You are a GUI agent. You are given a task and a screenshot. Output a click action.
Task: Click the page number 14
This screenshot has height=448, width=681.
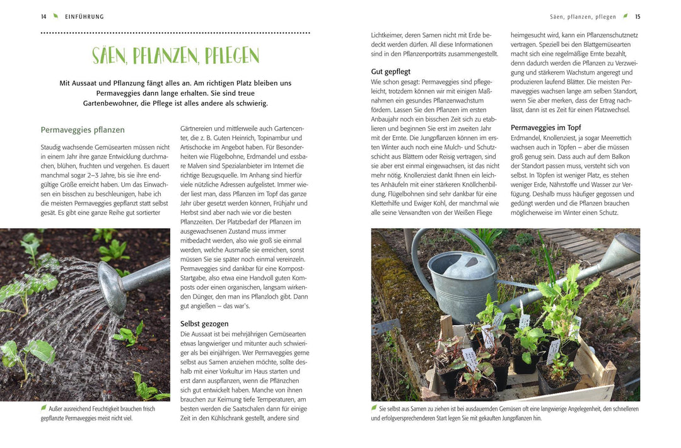click(x=44, y=16)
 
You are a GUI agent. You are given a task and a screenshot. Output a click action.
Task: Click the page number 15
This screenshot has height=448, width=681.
click(x=637, y=16)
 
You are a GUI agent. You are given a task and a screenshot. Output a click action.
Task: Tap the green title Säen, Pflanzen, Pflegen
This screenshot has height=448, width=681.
click(x=175, y=55)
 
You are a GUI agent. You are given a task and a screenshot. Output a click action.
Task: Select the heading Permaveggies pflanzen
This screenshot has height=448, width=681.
click(x=83, y=130)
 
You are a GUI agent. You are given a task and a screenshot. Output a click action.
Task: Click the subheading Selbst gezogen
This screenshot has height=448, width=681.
click(x=204, y=323)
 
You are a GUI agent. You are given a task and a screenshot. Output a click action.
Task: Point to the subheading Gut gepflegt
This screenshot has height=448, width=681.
click(x=391, y=72)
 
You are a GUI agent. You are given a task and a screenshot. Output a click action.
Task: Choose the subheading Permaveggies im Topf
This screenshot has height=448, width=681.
click(x=545, y=127)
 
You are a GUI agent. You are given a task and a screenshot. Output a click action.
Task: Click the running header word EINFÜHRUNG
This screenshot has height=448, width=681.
click(x=84, y=16)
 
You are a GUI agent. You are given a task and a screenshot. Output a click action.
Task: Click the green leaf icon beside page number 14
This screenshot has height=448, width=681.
click(x=55, y=16)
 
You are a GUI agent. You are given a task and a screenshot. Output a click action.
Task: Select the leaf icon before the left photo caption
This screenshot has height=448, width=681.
click(x=44, y=408)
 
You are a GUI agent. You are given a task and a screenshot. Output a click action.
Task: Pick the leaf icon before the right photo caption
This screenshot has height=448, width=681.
click(x=375, y=408)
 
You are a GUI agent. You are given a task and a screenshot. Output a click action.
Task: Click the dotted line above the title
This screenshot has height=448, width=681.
click(x=175, y=33)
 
